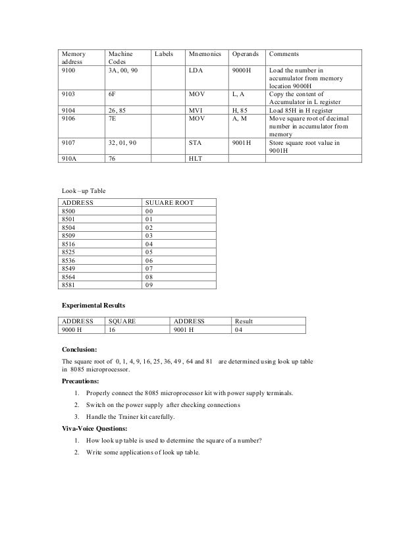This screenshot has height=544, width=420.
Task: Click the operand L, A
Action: [240, 94]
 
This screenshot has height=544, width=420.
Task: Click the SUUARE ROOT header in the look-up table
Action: [169, 203]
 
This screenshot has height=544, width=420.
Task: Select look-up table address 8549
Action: [68, 269]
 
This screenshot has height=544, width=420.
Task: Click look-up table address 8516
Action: [68, 243]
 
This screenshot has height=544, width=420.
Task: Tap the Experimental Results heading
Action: [93, 306]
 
